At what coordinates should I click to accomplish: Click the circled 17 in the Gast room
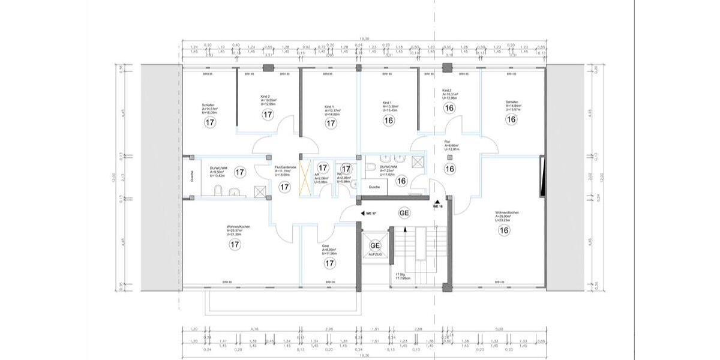click(329, 263)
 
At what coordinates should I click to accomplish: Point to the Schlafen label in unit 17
click(208, 105)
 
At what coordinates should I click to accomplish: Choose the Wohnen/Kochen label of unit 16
click(507, 213)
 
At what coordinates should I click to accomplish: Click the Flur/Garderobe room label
click(285, 167)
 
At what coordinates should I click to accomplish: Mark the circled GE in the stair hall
click(404, 213)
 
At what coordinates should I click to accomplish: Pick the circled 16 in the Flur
click(449, 169)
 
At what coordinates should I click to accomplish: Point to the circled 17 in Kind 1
click(330, 123)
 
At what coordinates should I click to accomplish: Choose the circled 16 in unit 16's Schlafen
click(511, 119)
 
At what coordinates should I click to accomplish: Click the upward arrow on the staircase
click(405, 230)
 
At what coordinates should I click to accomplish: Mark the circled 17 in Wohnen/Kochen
click(235, 244)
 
